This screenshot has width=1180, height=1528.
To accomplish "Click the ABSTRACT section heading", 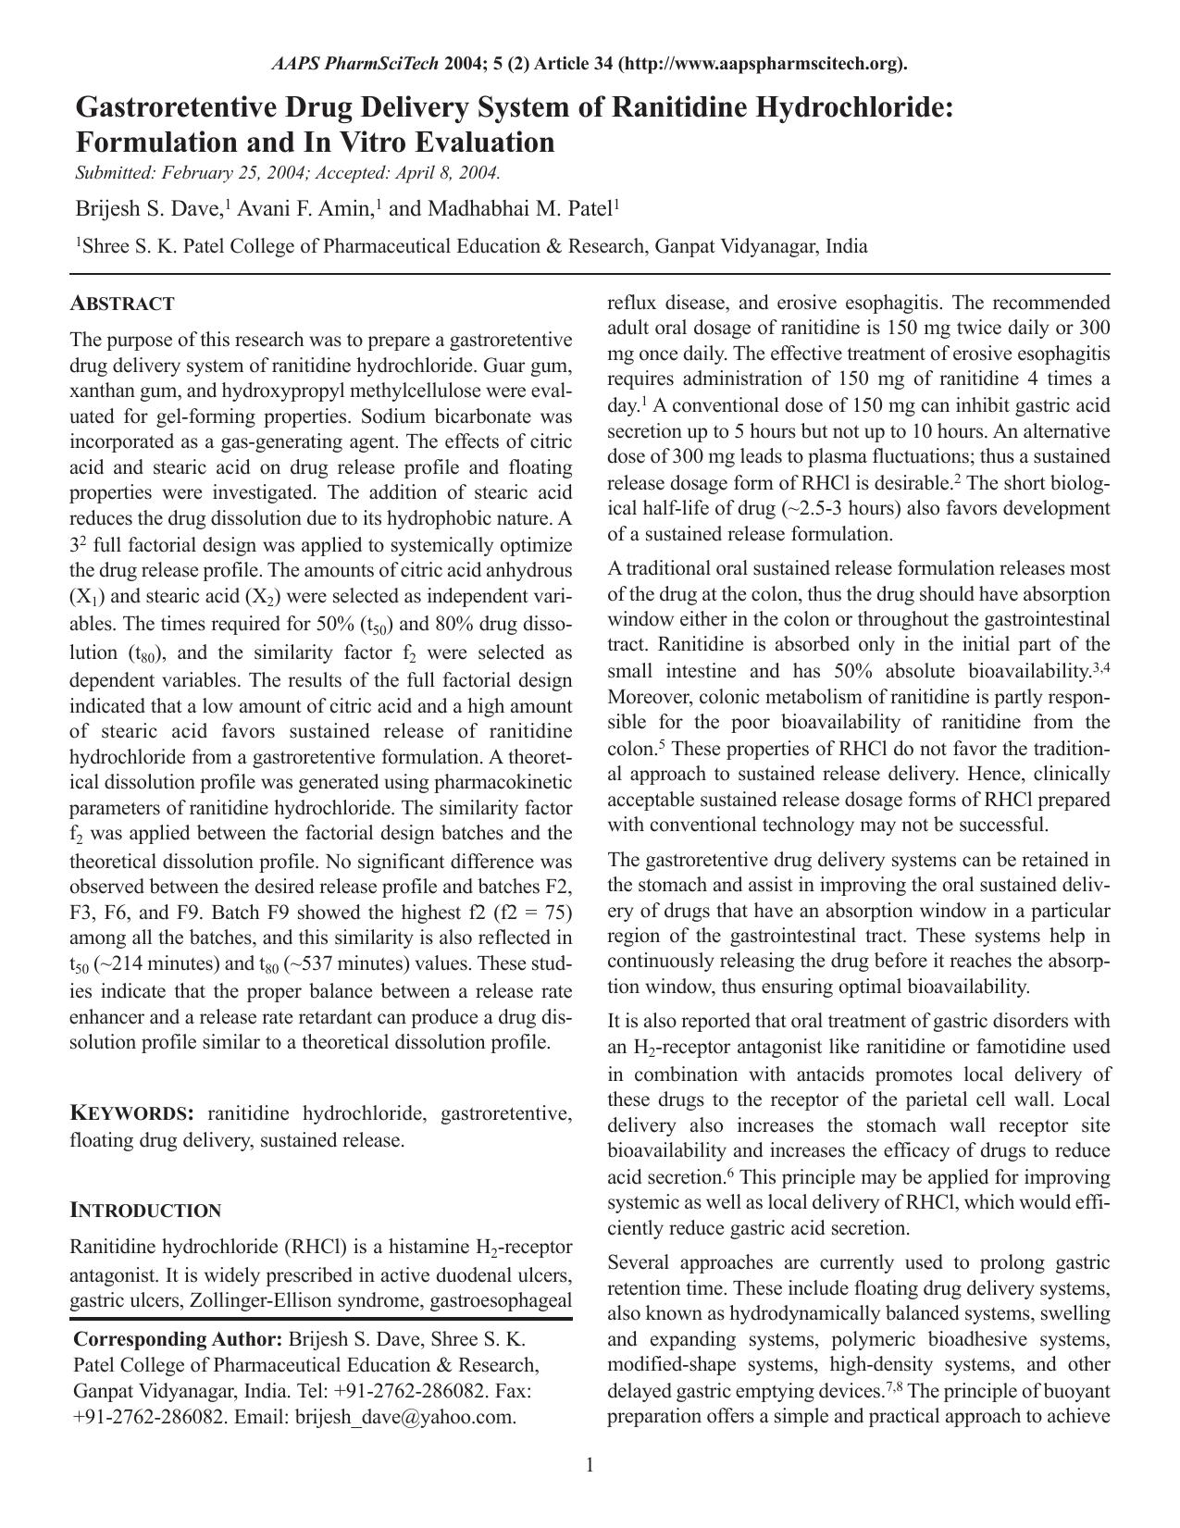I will tap(122, 304).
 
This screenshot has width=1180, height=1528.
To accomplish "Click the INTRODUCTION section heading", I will tap(145, 1211).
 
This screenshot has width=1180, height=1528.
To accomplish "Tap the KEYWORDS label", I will tap(131, 1113).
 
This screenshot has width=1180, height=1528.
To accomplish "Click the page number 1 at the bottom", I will tap(590, 1464).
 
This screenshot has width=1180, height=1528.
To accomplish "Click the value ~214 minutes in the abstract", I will tap(155, 964).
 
